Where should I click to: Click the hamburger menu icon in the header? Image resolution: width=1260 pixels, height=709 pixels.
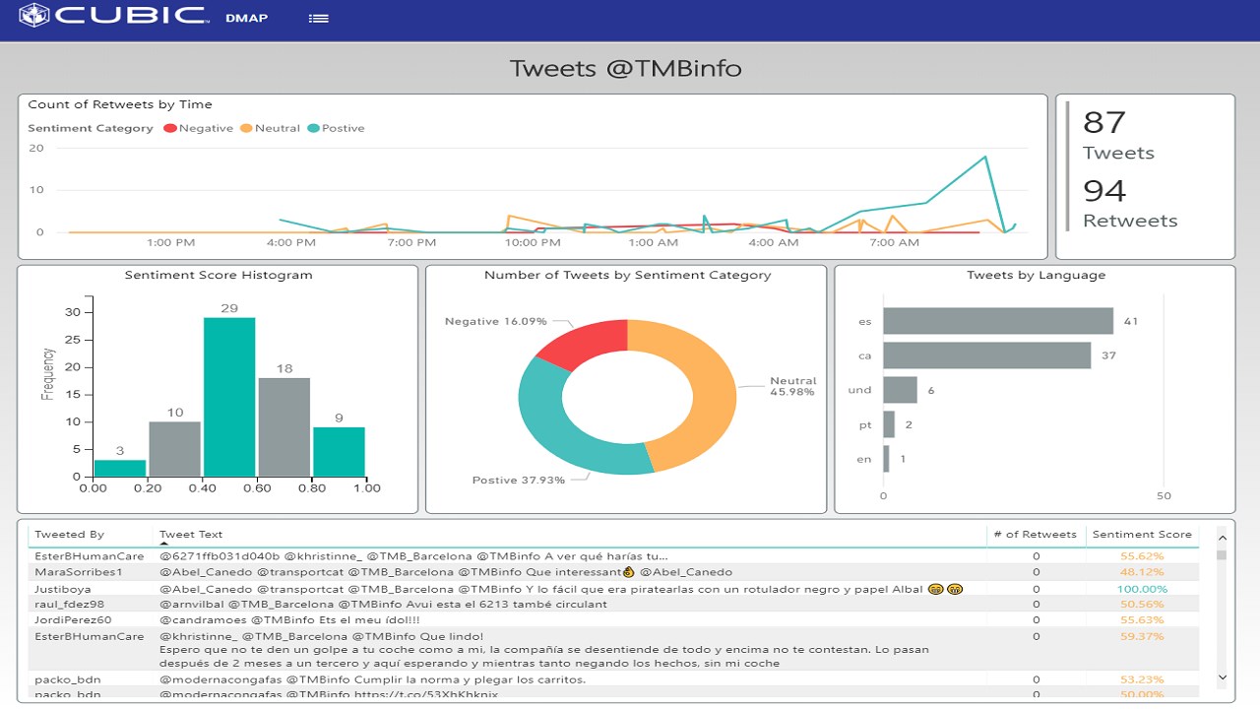click(x=318, y=18)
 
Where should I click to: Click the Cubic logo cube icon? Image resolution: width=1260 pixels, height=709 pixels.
click(x=34, y=16)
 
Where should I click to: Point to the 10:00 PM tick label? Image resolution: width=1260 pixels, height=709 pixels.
click(x=533, y=242)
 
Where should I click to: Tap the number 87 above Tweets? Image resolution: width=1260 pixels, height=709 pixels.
click(x=1103, y=122)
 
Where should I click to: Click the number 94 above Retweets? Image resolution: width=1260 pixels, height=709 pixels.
click(x=1103, y=190)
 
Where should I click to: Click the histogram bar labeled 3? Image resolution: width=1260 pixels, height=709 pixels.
click(x=119, y=468)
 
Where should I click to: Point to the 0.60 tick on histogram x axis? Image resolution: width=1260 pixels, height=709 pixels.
click(x=256, y=488)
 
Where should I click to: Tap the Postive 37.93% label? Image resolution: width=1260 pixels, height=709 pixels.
click(x=518, y=481)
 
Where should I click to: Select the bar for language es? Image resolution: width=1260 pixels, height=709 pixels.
click(x=997, y=321)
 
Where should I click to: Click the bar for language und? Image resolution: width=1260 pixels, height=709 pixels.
click(x=900, y=390)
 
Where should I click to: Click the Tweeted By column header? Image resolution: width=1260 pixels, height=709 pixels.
click(x=69, y=535)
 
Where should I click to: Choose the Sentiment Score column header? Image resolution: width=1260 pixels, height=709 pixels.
click(x=1142, y=535)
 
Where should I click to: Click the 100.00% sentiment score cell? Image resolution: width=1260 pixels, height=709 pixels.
click(x=1142, y=590)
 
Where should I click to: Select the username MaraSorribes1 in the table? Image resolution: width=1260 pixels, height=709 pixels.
click(x=79, y=572)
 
